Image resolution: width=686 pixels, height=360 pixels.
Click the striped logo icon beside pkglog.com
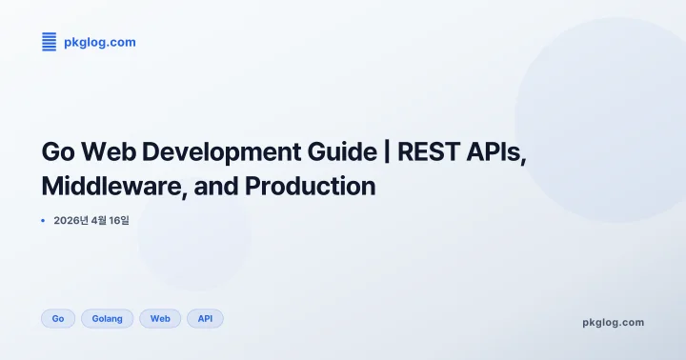[x=50, y=42]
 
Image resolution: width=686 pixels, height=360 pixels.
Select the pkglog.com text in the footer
[x=613, y=322]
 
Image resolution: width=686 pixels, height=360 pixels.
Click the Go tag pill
[x=58, y=318]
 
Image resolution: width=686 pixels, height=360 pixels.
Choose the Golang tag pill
[x=108, y=318]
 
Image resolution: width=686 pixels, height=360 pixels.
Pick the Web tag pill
[x=160, y=318]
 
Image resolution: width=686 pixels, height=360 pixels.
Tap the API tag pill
[x=205, y=318]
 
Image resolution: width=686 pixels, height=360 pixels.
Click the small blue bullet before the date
[x=44, y=220]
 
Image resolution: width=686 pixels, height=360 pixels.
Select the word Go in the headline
[x=59, y=152]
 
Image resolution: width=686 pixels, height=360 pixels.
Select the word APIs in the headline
[x=496, y=152]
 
